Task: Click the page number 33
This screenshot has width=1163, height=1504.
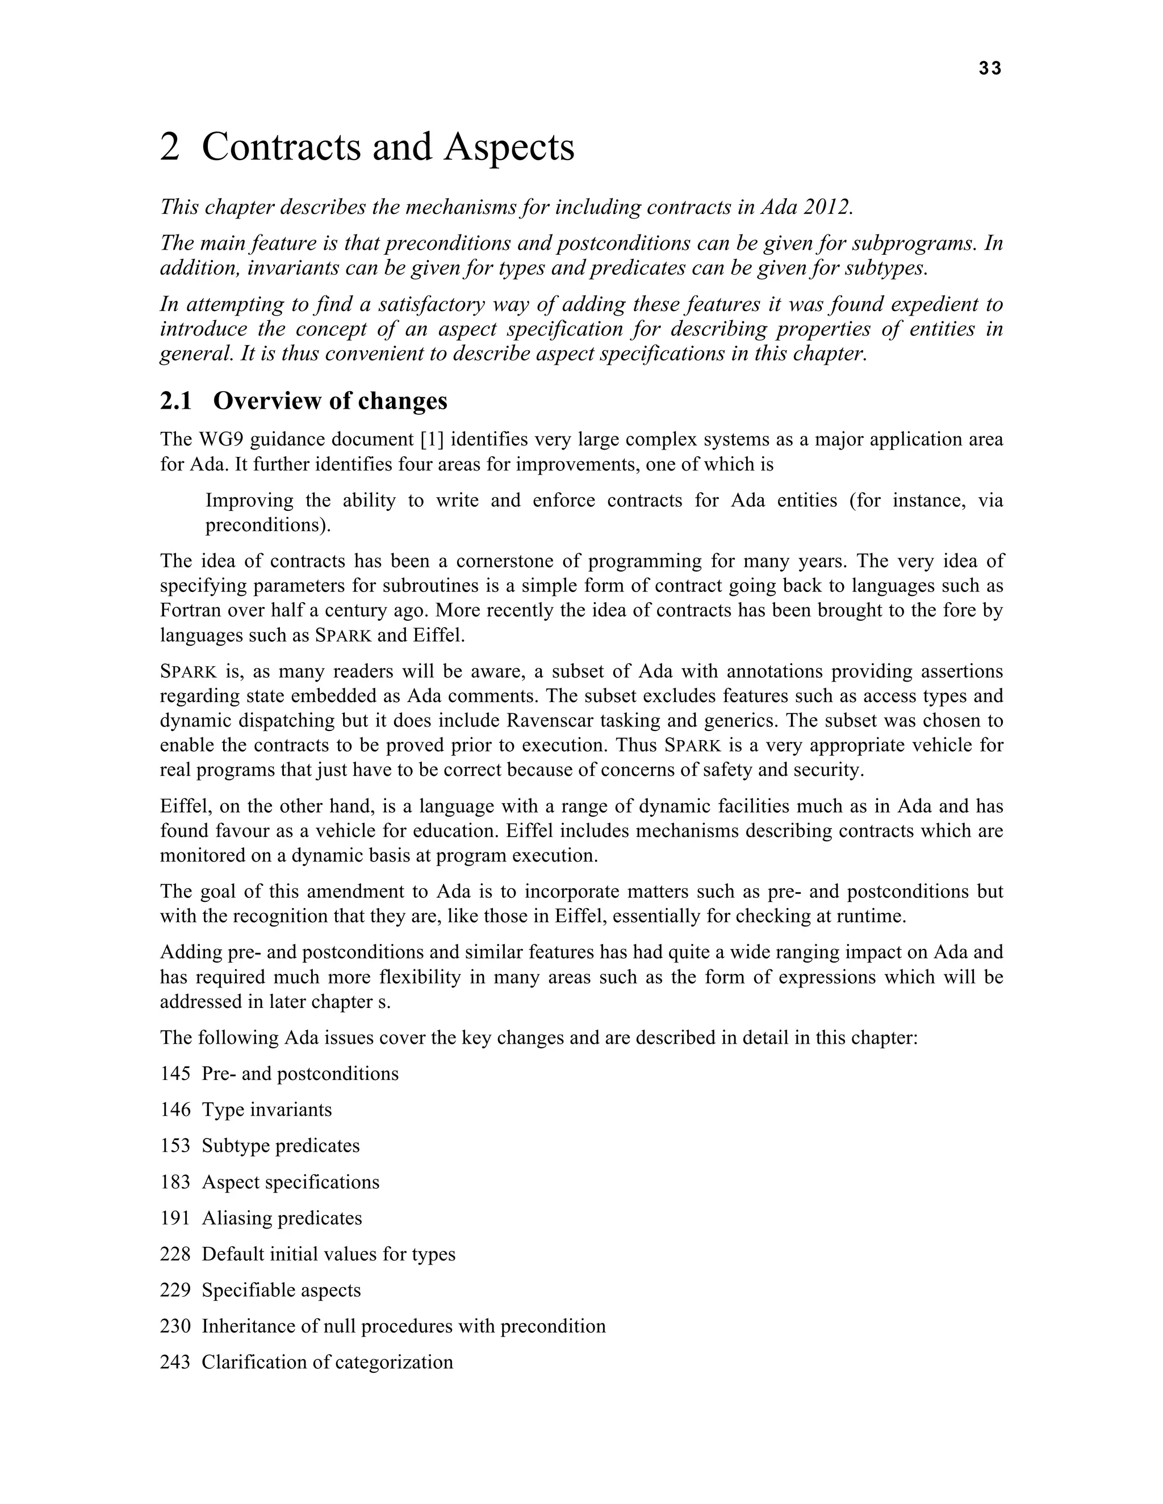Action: tap(989, 68)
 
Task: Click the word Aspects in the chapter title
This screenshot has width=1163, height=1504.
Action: tap(508, 148)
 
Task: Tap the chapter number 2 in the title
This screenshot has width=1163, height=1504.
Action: tap(169, 148)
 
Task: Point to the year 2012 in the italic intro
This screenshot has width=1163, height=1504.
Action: tap(827, 207)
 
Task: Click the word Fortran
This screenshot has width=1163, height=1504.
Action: tap(193, 610)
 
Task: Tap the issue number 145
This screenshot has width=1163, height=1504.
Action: tap(175, 1074)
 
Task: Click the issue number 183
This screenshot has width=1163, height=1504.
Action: tap(175, 1182)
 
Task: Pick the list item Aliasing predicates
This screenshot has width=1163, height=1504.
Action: tap(281, 1217)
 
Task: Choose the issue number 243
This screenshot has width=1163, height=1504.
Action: tap(175, 1362)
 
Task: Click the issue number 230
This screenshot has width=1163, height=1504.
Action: tap(175, 1326)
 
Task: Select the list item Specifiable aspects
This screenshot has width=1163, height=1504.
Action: tap(281, 1290)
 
